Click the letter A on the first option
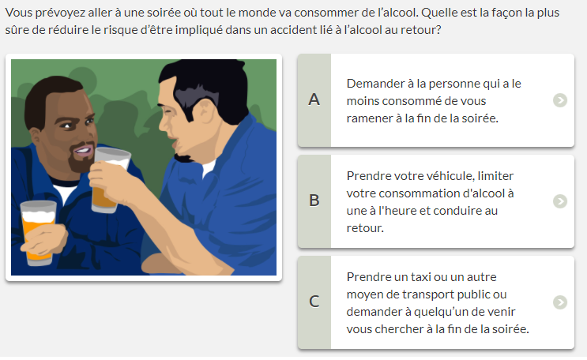314,99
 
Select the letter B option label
314,201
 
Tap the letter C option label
314,302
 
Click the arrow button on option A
560,100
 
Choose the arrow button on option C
560,302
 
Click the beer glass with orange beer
38,232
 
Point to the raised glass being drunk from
110,179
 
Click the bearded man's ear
35,136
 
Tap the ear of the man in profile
205,111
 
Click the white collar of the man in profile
209,167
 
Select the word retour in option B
365,228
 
